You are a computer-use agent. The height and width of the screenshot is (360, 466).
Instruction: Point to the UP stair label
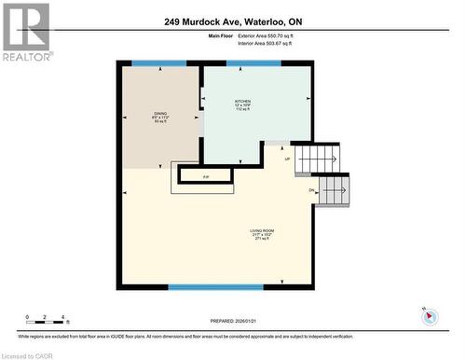[x=287, y=159]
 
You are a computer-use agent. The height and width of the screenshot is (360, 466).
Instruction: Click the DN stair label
[x=311, y=190]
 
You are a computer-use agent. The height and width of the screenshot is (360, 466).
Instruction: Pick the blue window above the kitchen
[x=254, y=63]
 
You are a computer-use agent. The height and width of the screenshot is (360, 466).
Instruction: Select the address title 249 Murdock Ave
[x=231, y=21]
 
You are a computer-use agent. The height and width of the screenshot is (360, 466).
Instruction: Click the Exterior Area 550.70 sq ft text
[x=279, y=35]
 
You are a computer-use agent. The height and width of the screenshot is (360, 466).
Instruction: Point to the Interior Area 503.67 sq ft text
[x=279, y=43]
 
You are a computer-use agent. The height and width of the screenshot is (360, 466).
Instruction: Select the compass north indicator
[x=429, y=315]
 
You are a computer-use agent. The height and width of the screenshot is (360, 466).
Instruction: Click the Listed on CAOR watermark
[x=28, y=354]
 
